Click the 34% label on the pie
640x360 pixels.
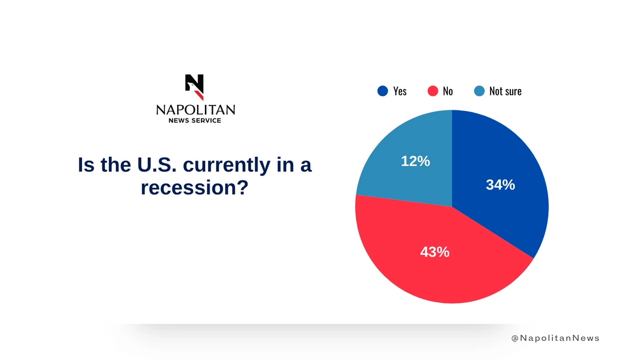pos(500,185)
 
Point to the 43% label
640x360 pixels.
pos(435,252)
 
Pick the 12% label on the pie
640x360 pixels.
pos(415,161)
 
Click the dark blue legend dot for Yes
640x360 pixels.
pos(382,91)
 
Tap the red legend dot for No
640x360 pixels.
pos(433,91)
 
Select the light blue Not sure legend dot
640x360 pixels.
pos(479,91)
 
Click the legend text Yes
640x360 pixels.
pos(399,91)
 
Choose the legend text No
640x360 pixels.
pos(447,91)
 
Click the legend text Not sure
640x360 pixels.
pos(506,91)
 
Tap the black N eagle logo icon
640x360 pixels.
pos(195,87)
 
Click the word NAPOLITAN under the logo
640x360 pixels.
pos(196,110)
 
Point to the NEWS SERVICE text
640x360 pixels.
pos(195,121)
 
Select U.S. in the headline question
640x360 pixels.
pos(157,165)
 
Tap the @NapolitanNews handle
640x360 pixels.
pos(555,338)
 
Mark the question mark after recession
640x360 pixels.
pos(243,187)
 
